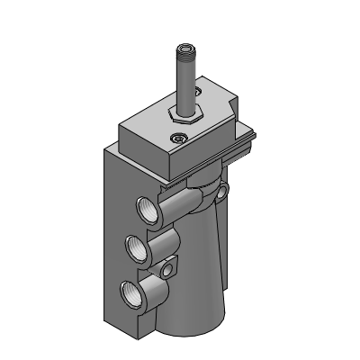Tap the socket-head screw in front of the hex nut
click(178, 138)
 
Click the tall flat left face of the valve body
click(112, 234)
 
